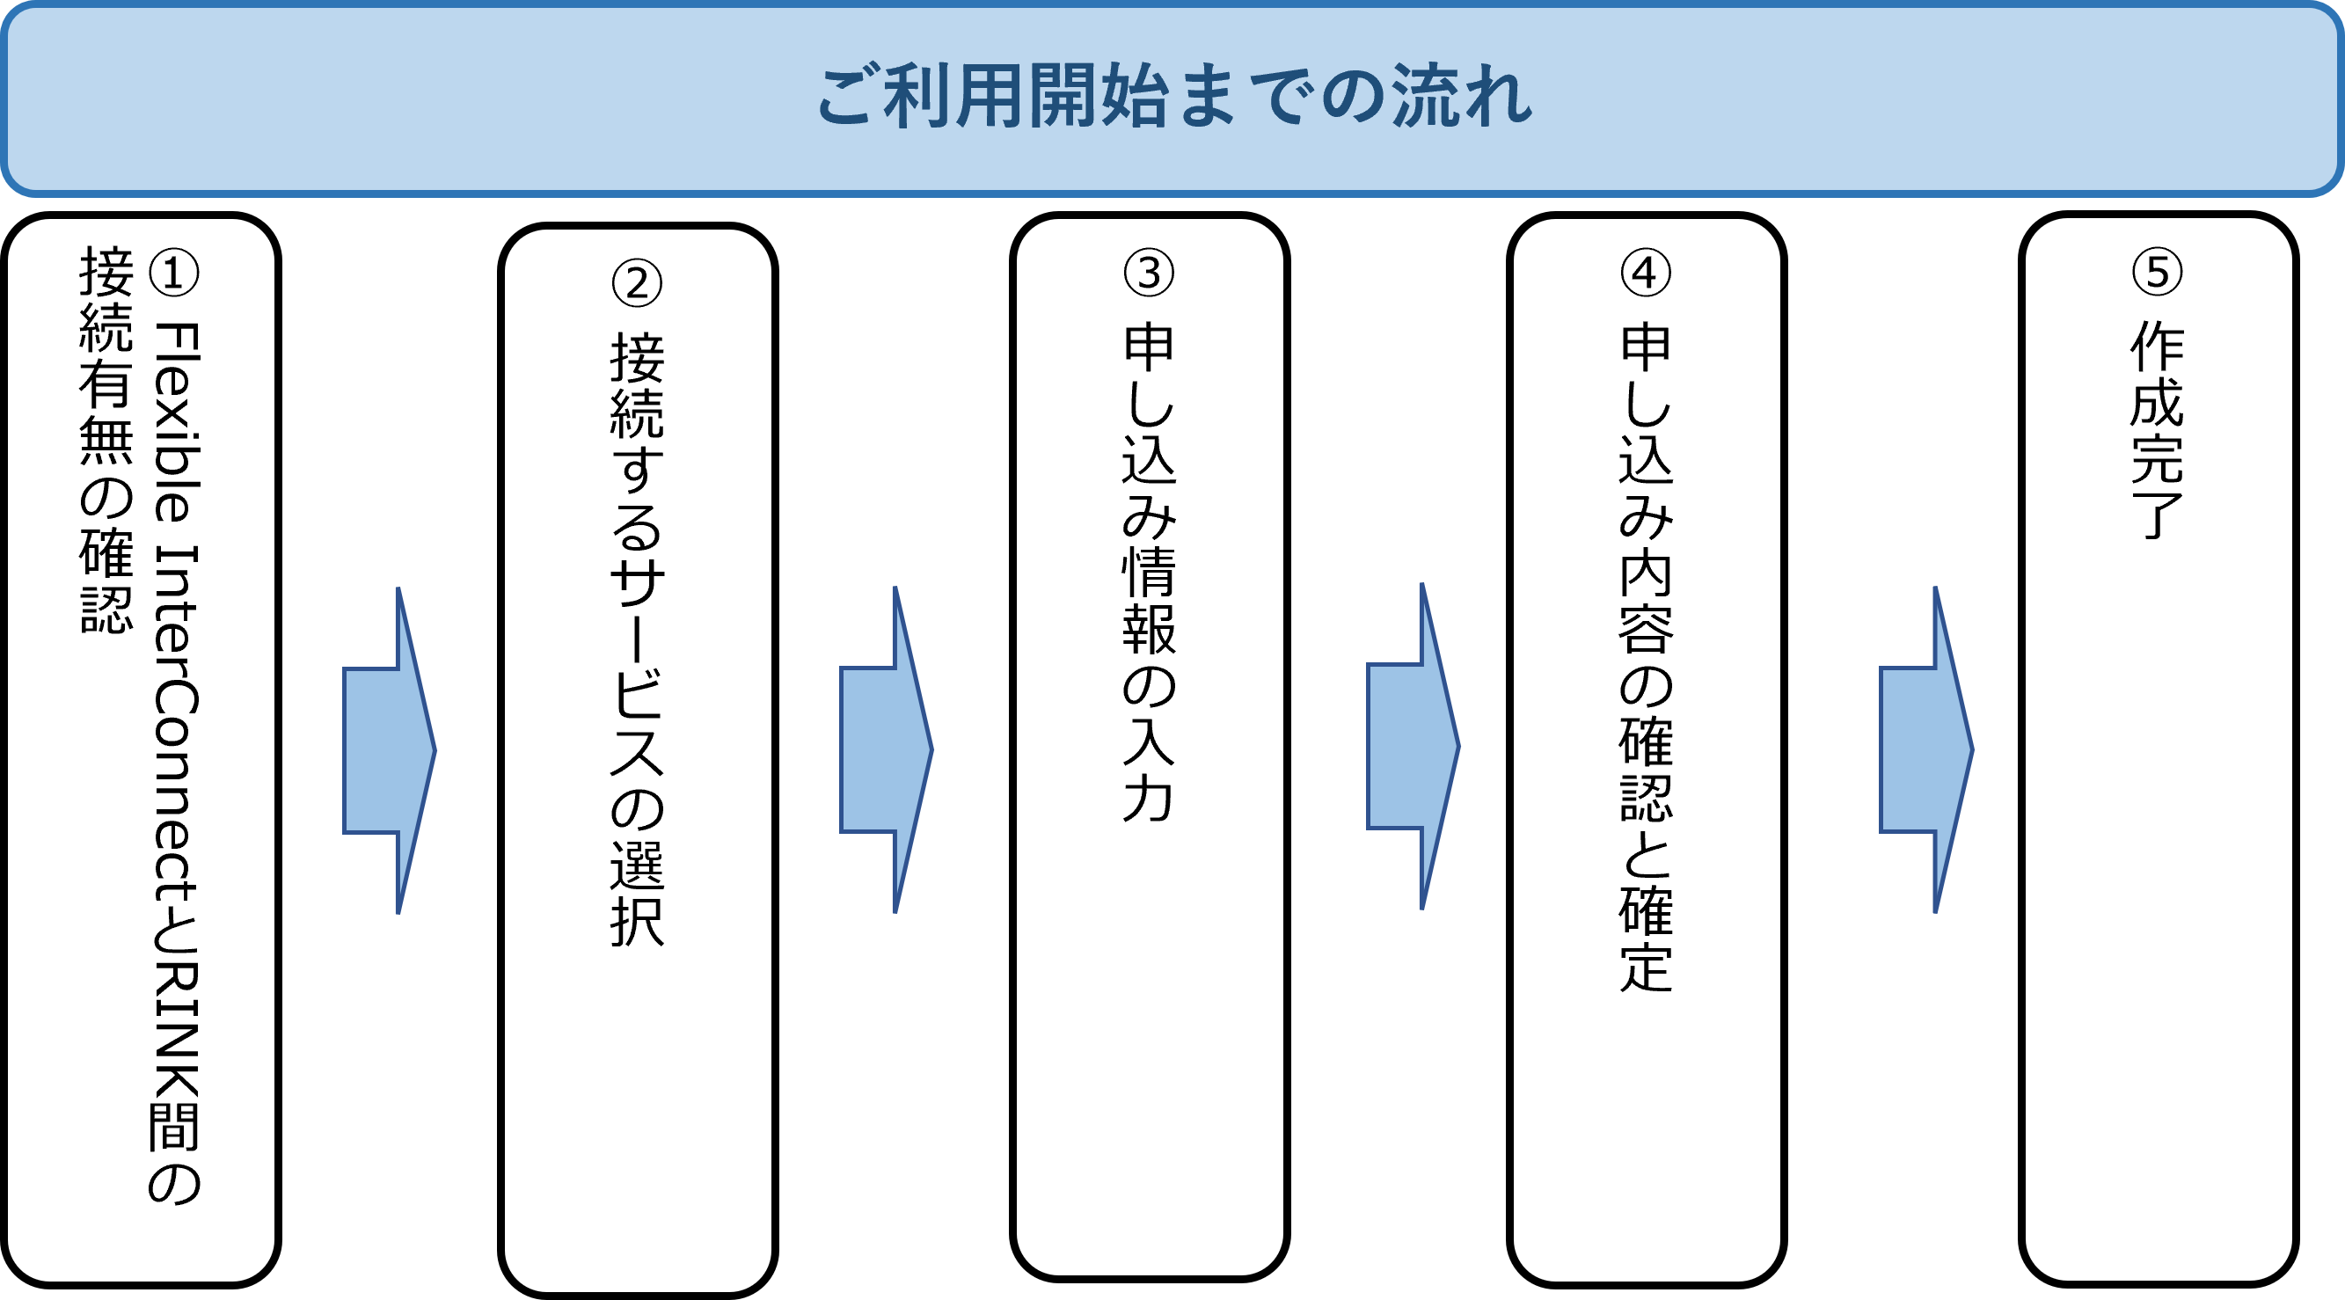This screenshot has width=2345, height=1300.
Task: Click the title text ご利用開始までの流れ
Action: pos(1173,98)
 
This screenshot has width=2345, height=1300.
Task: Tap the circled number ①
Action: pos(173,272)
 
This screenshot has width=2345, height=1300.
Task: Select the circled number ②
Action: pos(637,283)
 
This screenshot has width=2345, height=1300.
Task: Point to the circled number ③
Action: pos(1149,272)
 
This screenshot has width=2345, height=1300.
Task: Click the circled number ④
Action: pos(1646,272)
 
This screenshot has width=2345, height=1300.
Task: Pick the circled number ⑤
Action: pos(2158,271)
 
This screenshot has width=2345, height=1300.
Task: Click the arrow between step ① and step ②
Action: pos(390,750)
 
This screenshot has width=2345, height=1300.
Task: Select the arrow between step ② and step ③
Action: pos(886,749)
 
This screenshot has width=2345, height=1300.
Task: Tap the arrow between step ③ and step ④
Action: pos(1413,747)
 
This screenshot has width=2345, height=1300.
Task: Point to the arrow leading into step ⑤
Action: pos(1926,749)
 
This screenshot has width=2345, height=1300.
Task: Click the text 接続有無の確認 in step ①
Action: pos(106,440)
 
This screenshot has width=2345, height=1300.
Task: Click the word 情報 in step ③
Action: pos(1149,601)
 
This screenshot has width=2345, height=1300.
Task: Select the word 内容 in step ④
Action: pos(1646,601)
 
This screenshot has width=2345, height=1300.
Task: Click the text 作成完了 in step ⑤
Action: pos(2158,428)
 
